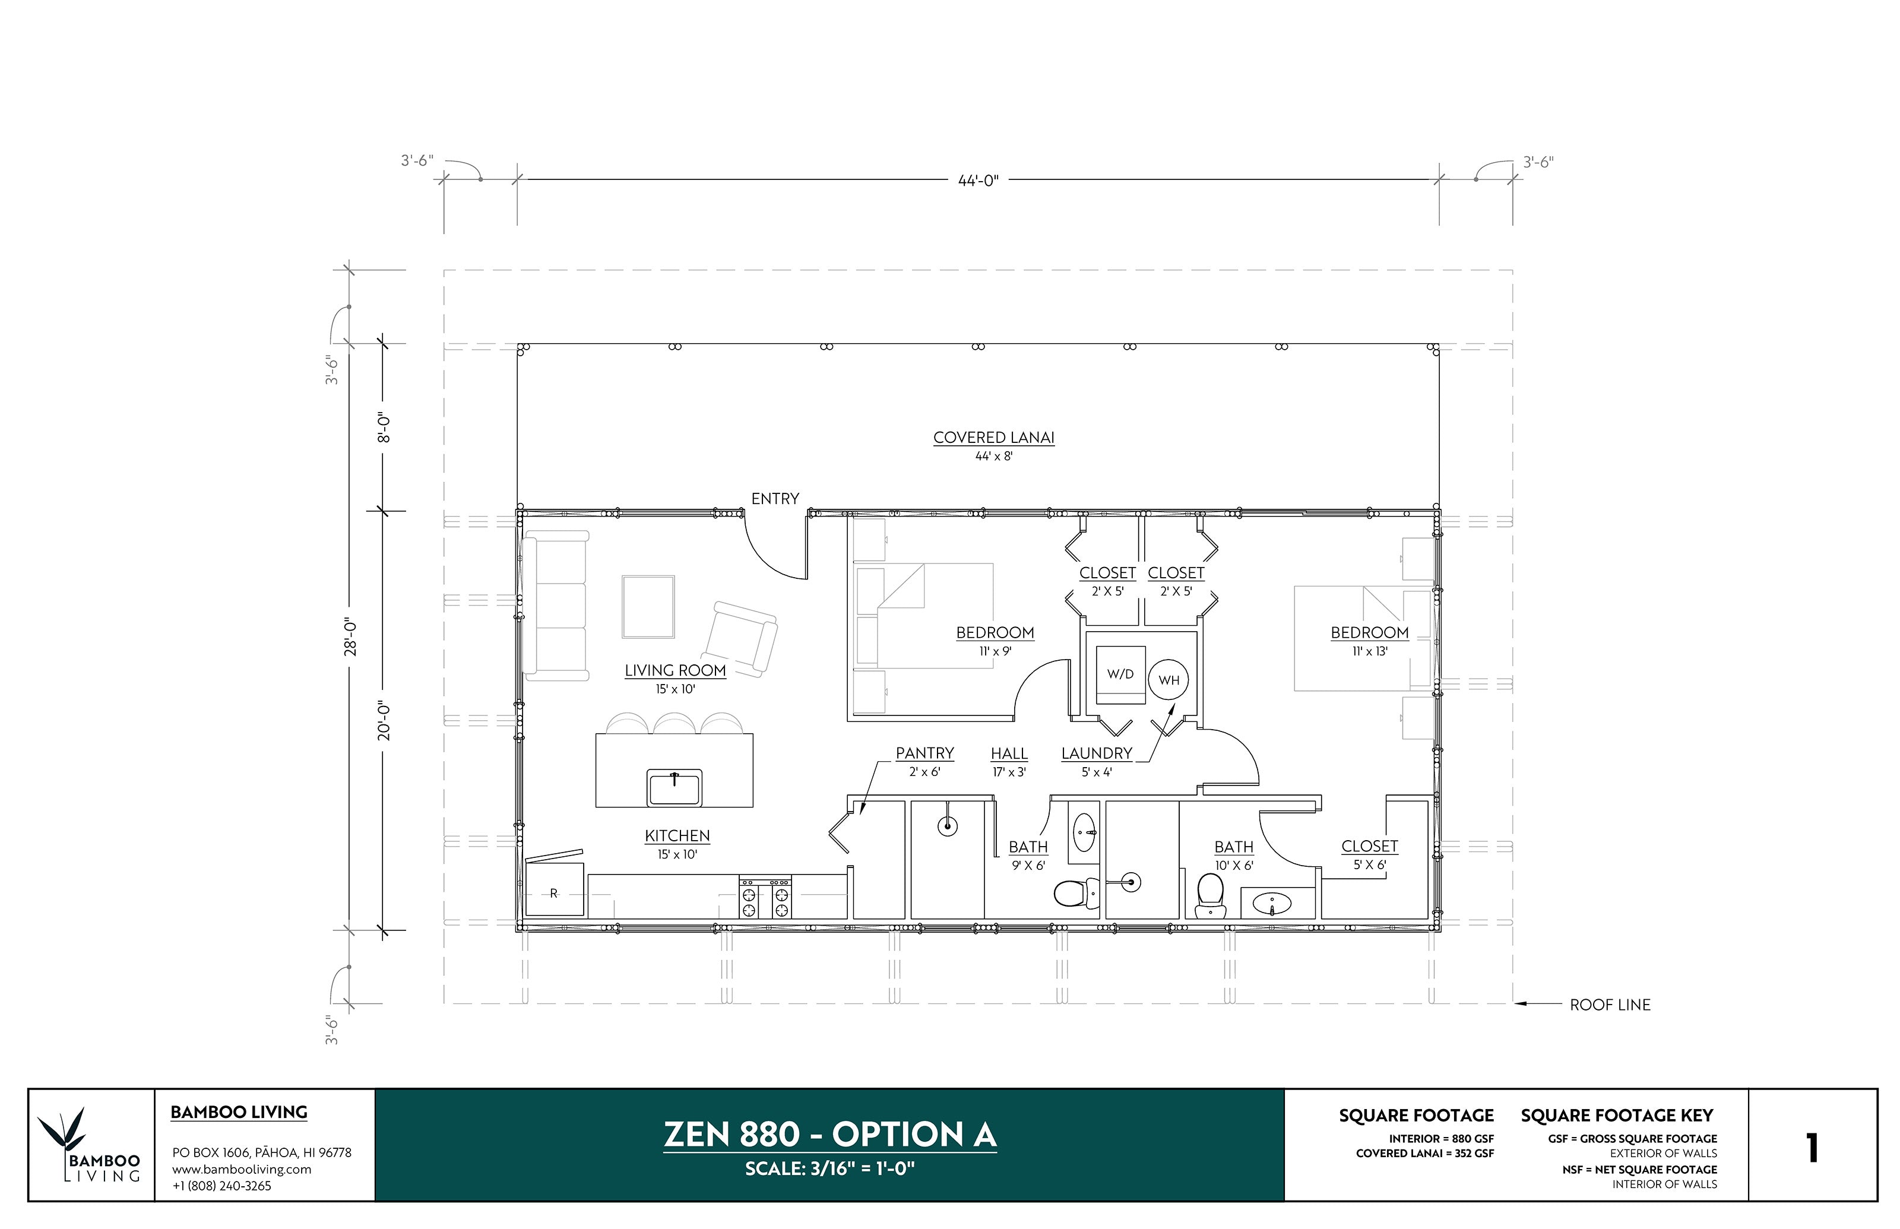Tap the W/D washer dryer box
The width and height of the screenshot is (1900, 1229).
point(1120,675)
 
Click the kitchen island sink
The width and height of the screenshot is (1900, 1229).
point(674,788)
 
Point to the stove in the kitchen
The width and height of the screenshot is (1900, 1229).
point(765,897)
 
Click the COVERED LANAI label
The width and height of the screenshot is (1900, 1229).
point(993,438)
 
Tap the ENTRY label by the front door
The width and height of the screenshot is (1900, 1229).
point(775,499)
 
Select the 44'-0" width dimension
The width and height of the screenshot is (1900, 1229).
point(978,180)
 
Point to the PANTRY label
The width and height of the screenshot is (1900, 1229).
point(924,753)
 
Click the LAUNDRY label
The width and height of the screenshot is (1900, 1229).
point(1097,753)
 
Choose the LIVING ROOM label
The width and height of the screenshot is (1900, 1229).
point(675,670)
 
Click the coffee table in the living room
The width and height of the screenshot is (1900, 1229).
point(648,607)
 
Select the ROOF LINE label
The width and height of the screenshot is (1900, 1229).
point(1610,1005)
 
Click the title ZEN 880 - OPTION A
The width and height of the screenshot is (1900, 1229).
point(830,1134)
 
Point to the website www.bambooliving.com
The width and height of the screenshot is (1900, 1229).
point(242,1169)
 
